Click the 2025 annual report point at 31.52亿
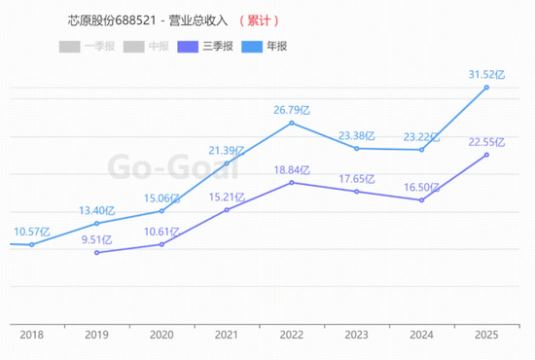[x=486, y=88]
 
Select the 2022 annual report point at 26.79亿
[x=292, y=123]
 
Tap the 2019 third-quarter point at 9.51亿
[x=96, y=252]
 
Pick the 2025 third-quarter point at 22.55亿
[x=486, y=155]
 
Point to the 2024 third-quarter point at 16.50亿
[x=421, y=200]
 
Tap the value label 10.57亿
[x=32, y=231]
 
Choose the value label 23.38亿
[x=357, y=135]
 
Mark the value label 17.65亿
[x=357, y=178]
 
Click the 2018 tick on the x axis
[x=32, y=335]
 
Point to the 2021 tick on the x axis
[x=227, y=335]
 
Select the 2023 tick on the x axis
[x=357, y=335]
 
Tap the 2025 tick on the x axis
[x=486, y=335]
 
